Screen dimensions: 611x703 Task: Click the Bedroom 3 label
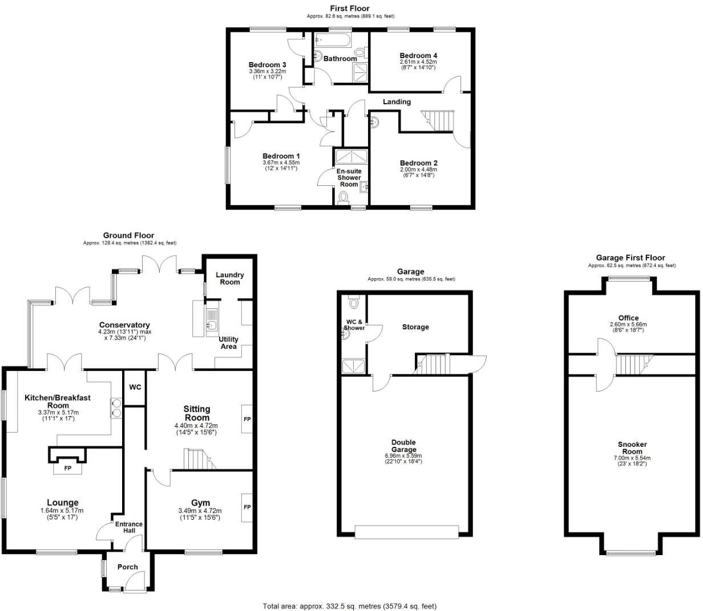coord(267,64)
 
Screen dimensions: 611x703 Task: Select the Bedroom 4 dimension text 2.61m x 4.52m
coord(418,62)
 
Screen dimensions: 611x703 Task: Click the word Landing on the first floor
coord(397,101)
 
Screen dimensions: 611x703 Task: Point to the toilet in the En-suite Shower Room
coord(344,198)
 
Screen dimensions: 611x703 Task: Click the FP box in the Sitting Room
coord(247,419)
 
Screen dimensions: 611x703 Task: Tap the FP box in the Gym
coord(247,507)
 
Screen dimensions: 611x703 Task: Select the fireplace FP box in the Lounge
coord(67,469)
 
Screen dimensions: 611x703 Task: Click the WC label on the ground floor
coord(135,387)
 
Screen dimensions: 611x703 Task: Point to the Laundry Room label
coord(229,278)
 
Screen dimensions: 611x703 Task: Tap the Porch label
coord(127,567)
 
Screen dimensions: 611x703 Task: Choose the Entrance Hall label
coord(129,527)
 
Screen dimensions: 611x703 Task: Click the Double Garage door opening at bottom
coord(406,532)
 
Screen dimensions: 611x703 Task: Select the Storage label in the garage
coord(415,327)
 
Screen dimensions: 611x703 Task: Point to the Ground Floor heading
coord(128,235)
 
